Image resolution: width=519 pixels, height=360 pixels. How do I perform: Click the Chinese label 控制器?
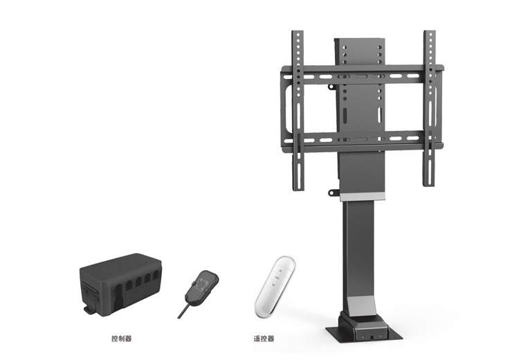(122, 339)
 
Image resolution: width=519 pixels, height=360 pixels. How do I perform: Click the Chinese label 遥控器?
(264, 339)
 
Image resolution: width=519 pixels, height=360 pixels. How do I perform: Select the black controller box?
(121, 284)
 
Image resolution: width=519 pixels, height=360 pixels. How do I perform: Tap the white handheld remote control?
(275, 287)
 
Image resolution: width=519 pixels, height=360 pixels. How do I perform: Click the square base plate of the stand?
(364, 334)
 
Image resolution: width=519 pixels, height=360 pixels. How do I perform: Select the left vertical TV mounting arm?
(298, 111)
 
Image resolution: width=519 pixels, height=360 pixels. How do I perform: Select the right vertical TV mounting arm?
(430, 108)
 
